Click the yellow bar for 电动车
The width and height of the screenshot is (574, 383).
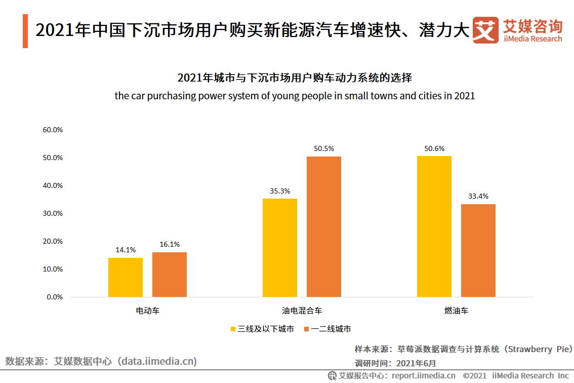126,277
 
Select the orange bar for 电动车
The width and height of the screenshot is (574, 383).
170,275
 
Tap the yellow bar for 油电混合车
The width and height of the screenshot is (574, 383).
280,248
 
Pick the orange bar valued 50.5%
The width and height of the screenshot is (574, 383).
324,226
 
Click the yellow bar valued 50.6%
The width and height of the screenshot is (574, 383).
434,226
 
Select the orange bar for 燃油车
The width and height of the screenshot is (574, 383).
478,250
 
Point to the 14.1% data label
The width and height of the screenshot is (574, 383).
126,250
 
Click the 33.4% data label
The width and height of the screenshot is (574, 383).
478,196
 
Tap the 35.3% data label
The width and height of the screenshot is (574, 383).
280,191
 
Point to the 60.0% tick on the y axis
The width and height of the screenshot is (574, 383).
53,130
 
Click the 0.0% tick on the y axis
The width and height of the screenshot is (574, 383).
55,297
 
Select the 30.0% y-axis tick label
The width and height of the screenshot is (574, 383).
53,213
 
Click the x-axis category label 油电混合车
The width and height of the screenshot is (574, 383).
302,311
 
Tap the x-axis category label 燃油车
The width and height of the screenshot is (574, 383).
456,311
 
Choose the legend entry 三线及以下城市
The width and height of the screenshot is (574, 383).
262,329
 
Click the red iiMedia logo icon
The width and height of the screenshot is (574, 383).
485,30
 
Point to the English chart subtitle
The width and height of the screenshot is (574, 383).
295,96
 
